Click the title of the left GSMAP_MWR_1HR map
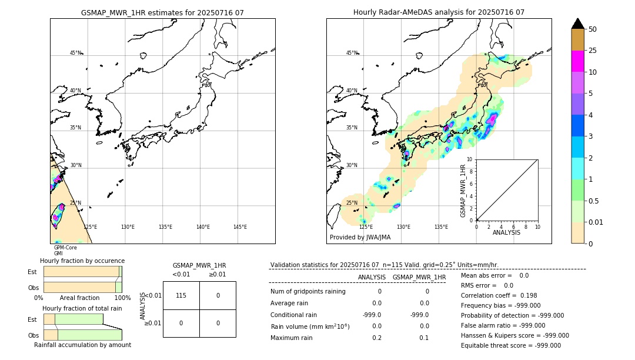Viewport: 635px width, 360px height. click(162, 12)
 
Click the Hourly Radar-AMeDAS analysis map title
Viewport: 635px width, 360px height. click(439, 12)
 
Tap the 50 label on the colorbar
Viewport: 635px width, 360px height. click(593, 29)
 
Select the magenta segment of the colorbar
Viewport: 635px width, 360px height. click(577, 62)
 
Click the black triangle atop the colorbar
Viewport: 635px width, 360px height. click(577, 24)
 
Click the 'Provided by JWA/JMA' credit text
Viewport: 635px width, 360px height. click(360, 238)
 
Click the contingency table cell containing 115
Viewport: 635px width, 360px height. click(181, 295)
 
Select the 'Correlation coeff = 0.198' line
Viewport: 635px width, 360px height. click(499, 295)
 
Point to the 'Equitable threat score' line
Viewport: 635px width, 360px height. click(510, 345)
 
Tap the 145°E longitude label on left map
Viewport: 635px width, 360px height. click(240, 227)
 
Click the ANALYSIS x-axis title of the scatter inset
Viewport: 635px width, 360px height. click(506, 232)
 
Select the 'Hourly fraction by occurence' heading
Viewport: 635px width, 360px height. click(82, 261)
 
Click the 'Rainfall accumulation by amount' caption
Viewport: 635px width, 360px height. click(82, 345)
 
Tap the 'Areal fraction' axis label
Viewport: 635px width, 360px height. click(79, 298)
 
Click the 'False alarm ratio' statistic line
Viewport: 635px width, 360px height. click(503, 325)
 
